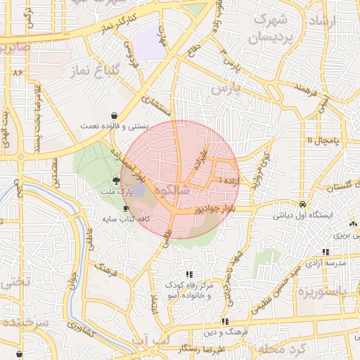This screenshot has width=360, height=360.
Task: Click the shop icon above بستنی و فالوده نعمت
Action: pyautogui.click(x=114, y=115)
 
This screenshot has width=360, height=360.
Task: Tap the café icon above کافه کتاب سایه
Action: pyautogui.click(x=126, y=209)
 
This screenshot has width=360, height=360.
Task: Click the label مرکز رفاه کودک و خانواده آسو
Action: pyautogui.click(x=188, y=290)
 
